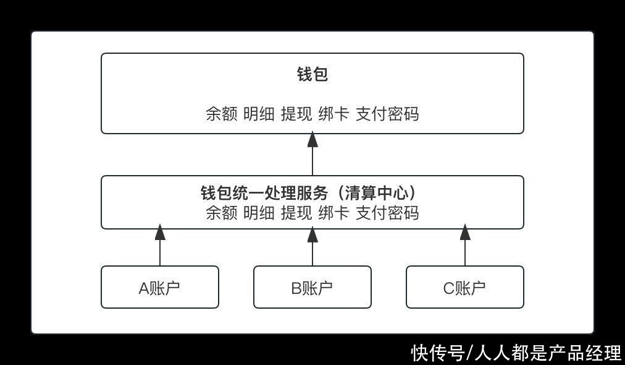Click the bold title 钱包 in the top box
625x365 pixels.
[x=312, y=74]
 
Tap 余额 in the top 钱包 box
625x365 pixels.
[x=222, y=114]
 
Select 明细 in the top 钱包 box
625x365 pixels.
[x=259, y=114]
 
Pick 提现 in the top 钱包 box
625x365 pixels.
[x=296, y=114]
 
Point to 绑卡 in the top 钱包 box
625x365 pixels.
[x=334, y=114]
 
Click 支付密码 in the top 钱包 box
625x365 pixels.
[x=387, y=114]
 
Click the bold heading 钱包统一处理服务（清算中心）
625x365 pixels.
[x=309, y=193]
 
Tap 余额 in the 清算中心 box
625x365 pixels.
[x=222, y=213]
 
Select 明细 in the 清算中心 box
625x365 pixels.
[x=259, y=213]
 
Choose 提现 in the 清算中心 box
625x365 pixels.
[x=296, y=213]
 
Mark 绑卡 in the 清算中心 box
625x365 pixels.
[x=334, y=213]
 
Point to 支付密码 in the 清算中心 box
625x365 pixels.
[x=387, y=213]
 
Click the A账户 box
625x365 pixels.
[x=160, y=287]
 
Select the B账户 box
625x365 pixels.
[x=312, y=287]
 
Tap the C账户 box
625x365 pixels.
[x=465, y=287]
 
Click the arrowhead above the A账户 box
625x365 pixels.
[x=160, y=233]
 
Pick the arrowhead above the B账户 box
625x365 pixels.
[x=312, y=234]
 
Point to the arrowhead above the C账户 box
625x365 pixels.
[x=465, y=233]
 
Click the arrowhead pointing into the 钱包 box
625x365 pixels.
[x=312, y=139]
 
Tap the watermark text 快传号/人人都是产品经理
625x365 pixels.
[x=516, y=353]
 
